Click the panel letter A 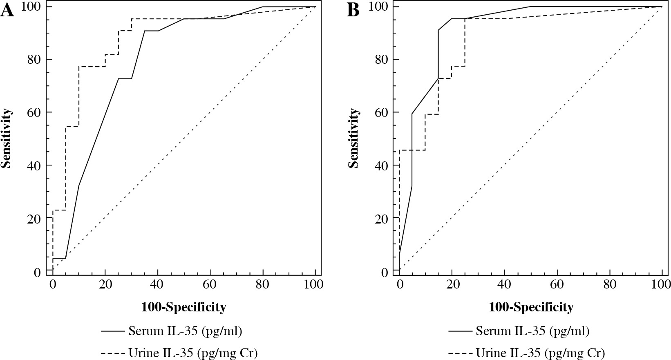7,11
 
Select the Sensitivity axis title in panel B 354,139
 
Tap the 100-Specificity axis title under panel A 183,307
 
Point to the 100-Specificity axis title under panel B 531,307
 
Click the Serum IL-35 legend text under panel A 185,331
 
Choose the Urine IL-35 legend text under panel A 193,352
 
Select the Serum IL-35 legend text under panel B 532,331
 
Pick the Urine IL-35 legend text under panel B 540,352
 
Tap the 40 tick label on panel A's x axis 157,284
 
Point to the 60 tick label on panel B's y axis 382,112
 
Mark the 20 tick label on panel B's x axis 452,284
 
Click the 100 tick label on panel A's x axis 315,284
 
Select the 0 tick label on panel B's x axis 399,284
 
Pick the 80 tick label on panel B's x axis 610,284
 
